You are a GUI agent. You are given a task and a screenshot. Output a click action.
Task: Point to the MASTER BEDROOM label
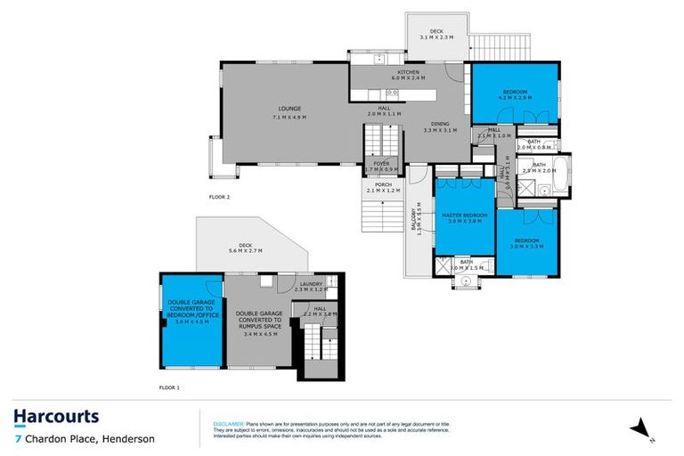pos(464,216)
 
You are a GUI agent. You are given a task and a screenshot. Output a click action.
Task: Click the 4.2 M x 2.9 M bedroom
pos(515,94)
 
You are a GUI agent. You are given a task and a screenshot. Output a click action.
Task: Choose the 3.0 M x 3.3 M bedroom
pos(528,241)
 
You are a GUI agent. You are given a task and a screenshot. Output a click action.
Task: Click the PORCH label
pos(383,187)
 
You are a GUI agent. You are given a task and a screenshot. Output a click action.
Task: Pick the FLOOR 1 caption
pos(169,388)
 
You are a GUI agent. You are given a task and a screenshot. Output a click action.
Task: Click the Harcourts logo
pos(56,417)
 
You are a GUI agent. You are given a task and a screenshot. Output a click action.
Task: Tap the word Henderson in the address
pos(127,439)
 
